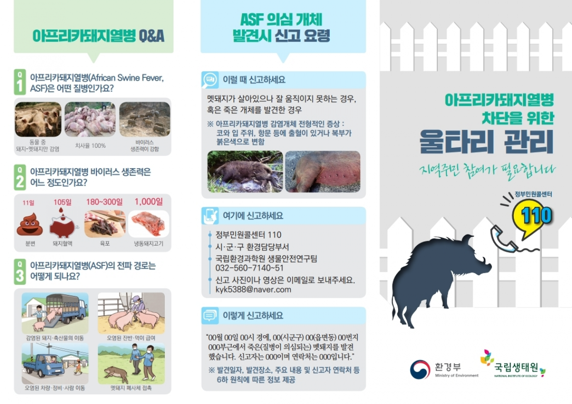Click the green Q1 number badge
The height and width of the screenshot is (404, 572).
tap(20, 82)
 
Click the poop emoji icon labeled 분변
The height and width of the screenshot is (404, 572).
tap(30, 224)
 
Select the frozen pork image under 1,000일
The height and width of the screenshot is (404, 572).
tap(148, 224)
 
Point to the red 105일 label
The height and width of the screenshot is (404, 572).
tap(63, 202)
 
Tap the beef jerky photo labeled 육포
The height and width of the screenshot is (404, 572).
tap(105, 224)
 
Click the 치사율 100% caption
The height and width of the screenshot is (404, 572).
tap(90, 145)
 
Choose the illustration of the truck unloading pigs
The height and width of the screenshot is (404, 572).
tap(55, 313)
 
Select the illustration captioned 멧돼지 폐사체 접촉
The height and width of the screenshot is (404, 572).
tap(131, 363)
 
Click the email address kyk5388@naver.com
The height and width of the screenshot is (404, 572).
tap(253, 290)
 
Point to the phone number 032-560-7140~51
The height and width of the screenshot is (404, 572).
tap(249, 268)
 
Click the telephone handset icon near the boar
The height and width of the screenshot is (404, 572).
tap(505, 239)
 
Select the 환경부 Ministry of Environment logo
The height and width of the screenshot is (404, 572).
tap(444, 370)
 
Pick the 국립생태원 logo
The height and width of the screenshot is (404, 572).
tap(512, 364)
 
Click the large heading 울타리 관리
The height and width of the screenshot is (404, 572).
tap(487, 141)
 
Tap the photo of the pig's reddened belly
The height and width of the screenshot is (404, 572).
tap(322, 171)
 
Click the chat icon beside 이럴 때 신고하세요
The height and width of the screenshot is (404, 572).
tap(210, 80)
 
